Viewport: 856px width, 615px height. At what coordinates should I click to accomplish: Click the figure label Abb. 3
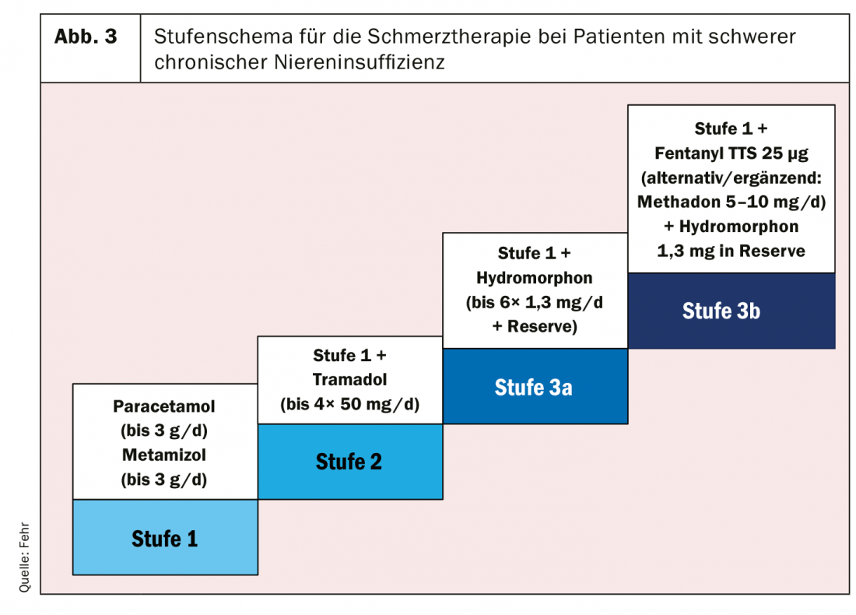point(86,37)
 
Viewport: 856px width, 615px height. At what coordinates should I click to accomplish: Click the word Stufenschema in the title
point(222,37)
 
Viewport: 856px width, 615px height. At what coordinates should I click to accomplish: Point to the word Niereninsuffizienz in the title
point(360,62)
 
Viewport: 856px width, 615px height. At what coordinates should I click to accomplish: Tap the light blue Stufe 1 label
point(164,539)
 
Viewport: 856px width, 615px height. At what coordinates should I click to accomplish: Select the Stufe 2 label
point(349,462)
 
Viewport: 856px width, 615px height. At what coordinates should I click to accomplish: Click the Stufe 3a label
point(533,387)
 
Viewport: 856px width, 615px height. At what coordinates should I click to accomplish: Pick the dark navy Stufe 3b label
point(721,311)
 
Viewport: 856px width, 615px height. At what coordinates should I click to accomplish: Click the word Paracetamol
point(163,406)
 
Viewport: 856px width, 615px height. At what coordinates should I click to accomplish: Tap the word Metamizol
point(163,455)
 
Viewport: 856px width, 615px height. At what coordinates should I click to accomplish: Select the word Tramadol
point(349,380)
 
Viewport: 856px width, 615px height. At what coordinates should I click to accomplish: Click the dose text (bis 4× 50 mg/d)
point(350,404)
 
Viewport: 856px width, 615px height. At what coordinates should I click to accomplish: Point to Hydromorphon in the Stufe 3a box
point(535,278)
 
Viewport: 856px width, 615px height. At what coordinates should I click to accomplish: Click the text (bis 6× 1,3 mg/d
point(535,303)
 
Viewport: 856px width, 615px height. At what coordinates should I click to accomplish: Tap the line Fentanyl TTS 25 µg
point(731,153)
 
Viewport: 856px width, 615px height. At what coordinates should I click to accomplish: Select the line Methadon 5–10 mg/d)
point(731,202)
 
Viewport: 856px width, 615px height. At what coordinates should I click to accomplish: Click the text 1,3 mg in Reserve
point(731,251)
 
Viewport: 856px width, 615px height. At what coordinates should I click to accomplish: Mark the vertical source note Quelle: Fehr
point(24,557)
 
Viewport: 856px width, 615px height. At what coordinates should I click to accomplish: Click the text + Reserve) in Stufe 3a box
point(535,327)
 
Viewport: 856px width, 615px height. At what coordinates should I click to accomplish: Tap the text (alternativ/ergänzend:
point(731,178)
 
